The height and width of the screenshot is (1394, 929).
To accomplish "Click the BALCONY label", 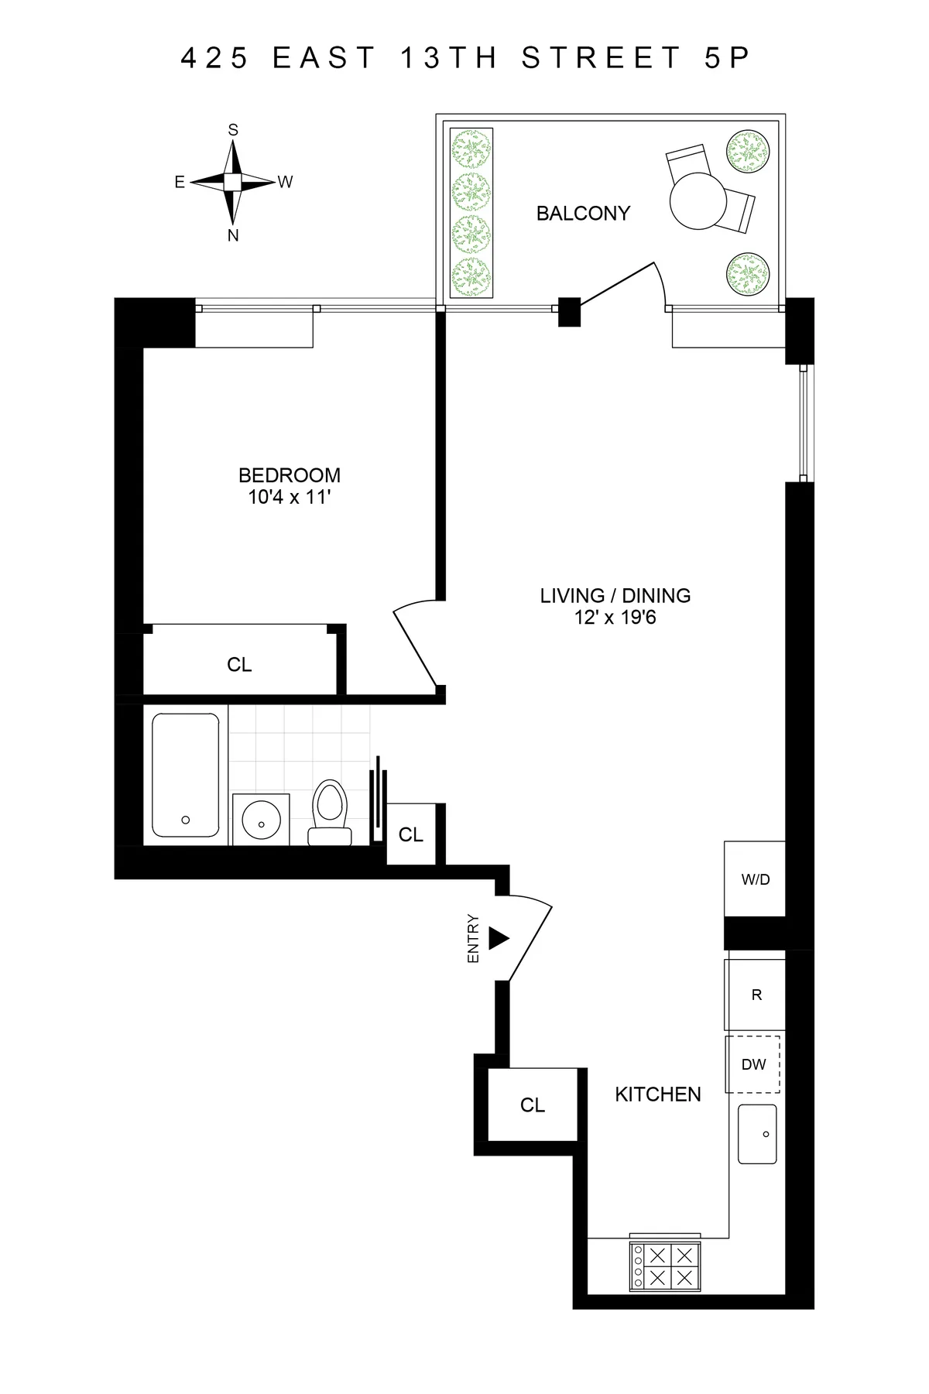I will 583,213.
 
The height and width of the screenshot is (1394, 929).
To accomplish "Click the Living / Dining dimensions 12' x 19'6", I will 615,618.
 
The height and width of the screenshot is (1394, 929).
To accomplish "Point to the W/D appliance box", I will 755,879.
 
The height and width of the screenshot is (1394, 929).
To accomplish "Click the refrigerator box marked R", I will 756,995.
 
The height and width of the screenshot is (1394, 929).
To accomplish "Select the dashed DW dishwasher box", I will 752,1064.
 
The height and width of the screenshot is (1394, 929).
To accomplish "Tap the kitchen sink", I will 757,1134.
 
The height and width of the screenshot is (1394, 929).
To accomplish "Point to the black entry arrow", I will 498,939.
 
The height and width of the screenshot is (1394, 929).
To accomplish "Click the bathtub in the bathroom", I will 185,775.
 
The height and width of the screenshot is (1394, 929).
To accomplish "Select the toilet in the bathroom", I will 330,810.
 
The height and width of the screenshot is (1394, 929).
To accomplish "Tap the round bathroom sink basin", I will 260,818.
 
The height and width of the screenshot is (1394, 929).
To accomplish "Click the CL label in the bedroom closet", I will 239,665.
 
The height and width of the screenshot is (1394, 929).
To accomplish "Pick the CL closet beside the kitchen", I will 533,1105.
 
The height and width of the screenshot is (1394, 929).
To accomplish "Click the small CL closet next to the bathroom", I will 410,834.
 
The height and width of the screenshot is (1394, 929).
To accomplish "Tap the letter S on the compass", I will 233,130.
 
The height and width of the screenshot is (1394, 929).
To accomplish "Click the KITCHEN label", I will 657,1094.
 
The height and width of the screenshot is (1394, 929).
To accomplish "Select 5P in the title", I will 728,58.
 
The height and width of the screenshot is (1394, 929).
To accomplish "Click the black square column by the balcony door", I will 569,311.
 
